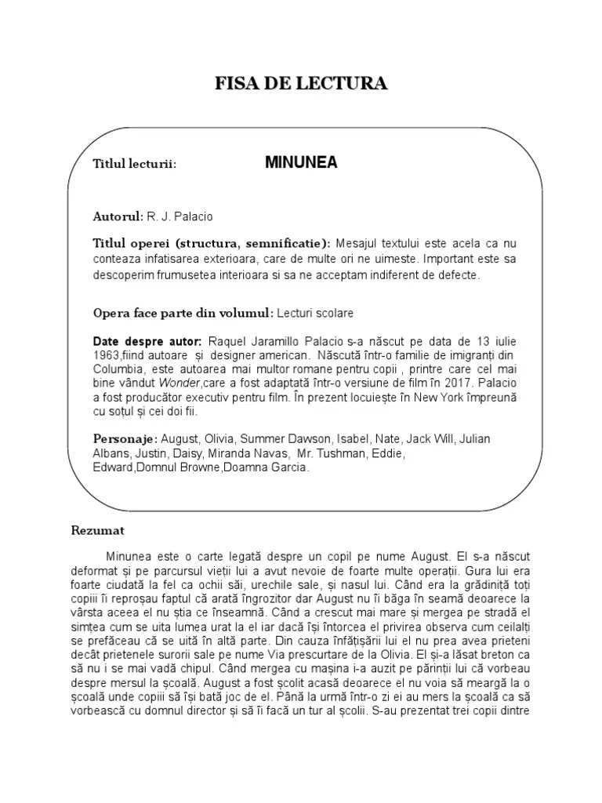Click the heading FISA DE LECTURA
pos(301,83)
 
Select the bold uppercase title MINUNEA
pos(301,163)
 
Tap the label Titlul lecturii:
pos(134,165)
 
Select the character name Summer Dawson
pos(287,438)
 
